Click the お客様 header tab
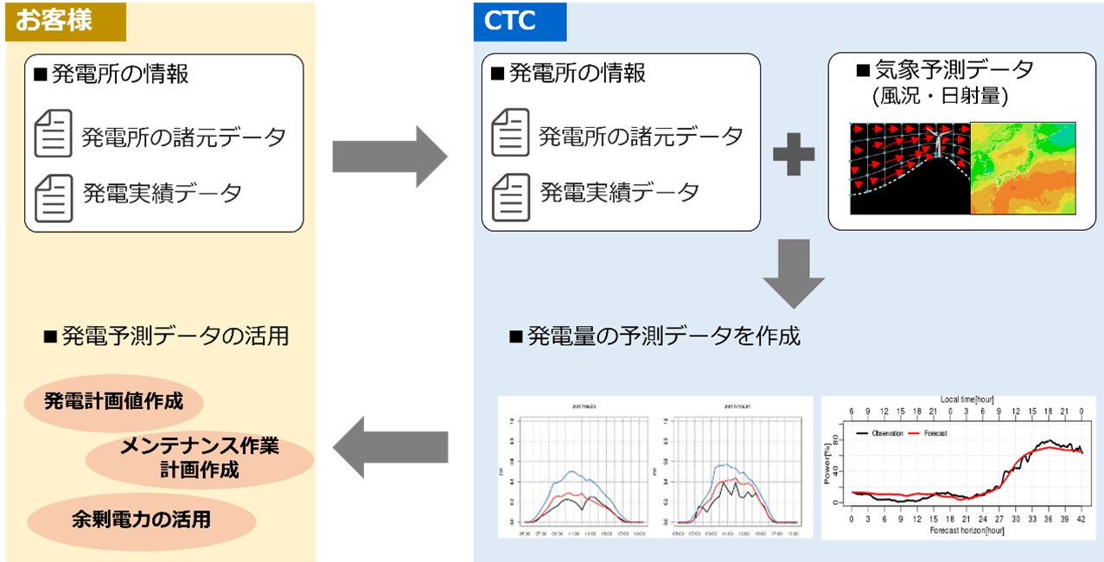pos(66,22)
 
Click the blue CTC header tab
pos(520,22)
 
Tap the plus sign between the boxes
pos(793,155)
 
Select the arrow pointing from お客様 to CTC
pos(389,156)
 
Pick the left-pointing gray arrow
pos(389,446)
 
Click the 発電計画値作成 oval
pos(114,402)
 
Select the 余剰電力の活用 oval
pos(142,520)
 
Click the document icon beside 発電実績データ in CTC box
pos(510,197)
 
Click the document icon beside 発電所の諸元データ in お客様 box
pos(53,136)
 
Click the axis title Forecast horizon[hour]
pos(966,531)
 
